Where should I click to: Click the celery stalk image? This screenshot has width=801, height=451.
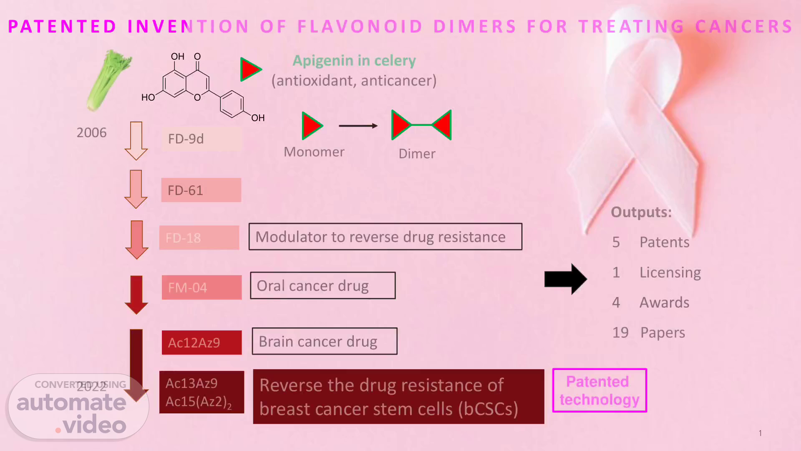pos(108,80)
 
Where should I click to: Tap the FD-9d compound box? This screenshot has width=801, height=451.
pos(202,139)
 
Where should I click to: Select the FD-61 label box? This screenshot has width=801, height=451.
pos(201,190)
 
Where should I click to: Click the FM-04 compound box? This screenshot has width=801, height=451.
pos(202,287)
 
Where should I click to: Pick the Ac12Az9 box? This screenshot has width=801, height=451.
pos(202,342)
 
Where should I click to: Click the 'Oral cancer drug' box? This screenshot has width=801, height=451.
pos(322,286)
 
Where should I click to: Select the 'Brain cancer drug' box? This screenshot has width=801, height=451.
pos(324,341)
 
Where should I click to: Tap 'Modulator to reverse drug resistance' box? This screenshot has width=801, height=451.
pos(385,237)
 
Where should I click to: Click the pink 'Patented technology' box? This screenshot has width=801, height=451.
pos(599,390)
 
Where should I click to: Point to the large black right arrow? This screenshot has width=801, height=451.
pos(565,279)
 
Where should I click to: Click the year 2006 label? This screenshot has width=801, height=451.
pos(91,133)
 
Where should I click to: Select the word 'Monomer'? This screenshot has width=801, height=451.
pos(314,152)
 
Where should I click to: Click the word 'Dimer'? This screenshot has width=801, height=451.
pos(417,154)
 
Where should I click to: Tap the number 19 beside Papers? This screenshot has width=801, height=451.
pos(620,332)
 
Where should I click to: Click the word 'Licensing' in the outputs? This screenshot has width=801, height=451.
pos(670,272)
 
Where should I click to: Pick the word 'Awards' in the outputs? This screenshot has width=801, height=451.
pos(664,302)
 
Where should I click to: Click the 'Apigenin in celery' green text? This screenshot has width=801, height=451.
pos(354,61)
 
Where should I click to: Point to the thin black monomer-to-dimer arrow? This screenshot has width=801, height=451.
pos(358,126)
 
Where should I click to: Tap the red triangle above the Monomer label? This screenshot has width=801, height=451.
pos(311,126)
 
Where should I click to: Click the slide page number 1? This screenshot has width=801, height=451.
pos(760,433)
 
